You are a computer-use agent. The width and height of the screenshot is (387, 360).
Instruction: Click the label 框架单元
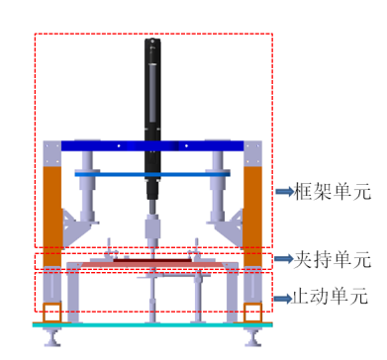click(x=333, y=191)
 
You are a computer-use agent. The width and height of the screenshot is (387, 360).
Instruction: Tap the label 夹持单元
click(x=333, y=259)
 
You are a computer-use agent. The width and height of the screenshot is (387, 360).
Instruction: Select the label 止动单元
click(x=330, y=297)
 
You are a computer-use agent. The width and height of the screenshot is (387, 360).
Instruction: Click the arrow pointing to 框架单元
click(x=284, y=191)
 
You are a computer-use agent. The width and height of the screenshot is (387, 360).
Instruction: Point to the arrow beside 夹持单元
click(x=284, y=258)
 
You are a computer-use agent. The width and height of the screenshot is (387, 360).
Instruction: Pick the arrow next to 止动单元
click(x=283, y=299)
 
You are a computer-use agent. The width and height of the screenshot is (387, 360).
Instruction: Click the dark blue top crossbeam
click(x=152, y=145)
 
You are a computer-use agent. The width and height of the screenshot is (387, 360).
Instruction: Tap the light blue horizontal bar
click(x=152, y=174)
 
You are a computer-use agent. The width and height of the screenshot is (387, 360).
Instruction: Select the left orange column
click(x=52, y=216)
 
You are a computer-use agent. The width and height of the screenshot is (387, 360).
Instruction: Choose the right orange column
click(x=252, y=216)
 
